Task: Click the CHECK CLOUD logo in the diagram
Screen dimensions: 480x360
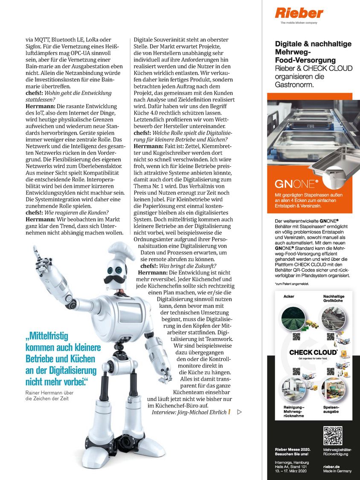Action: (313, 353)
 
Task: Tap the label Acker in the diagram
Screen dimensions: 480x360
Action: (289, 296)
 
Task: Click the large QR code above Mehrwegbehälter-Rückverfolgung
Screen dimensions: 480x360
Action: (333, 435)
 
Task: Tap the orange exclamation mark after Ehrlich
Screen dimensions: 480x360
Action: (229, 412)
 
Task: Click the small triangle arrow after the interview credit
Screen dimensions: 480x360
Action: (239, 412)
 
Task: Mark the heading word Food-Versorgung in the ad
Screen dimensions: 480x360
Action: (305, 60)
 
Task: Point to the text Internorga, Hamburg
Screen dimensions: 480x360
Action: (292, 462)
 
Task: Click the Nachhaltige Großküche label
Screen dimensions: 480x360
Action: (334, 298)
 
